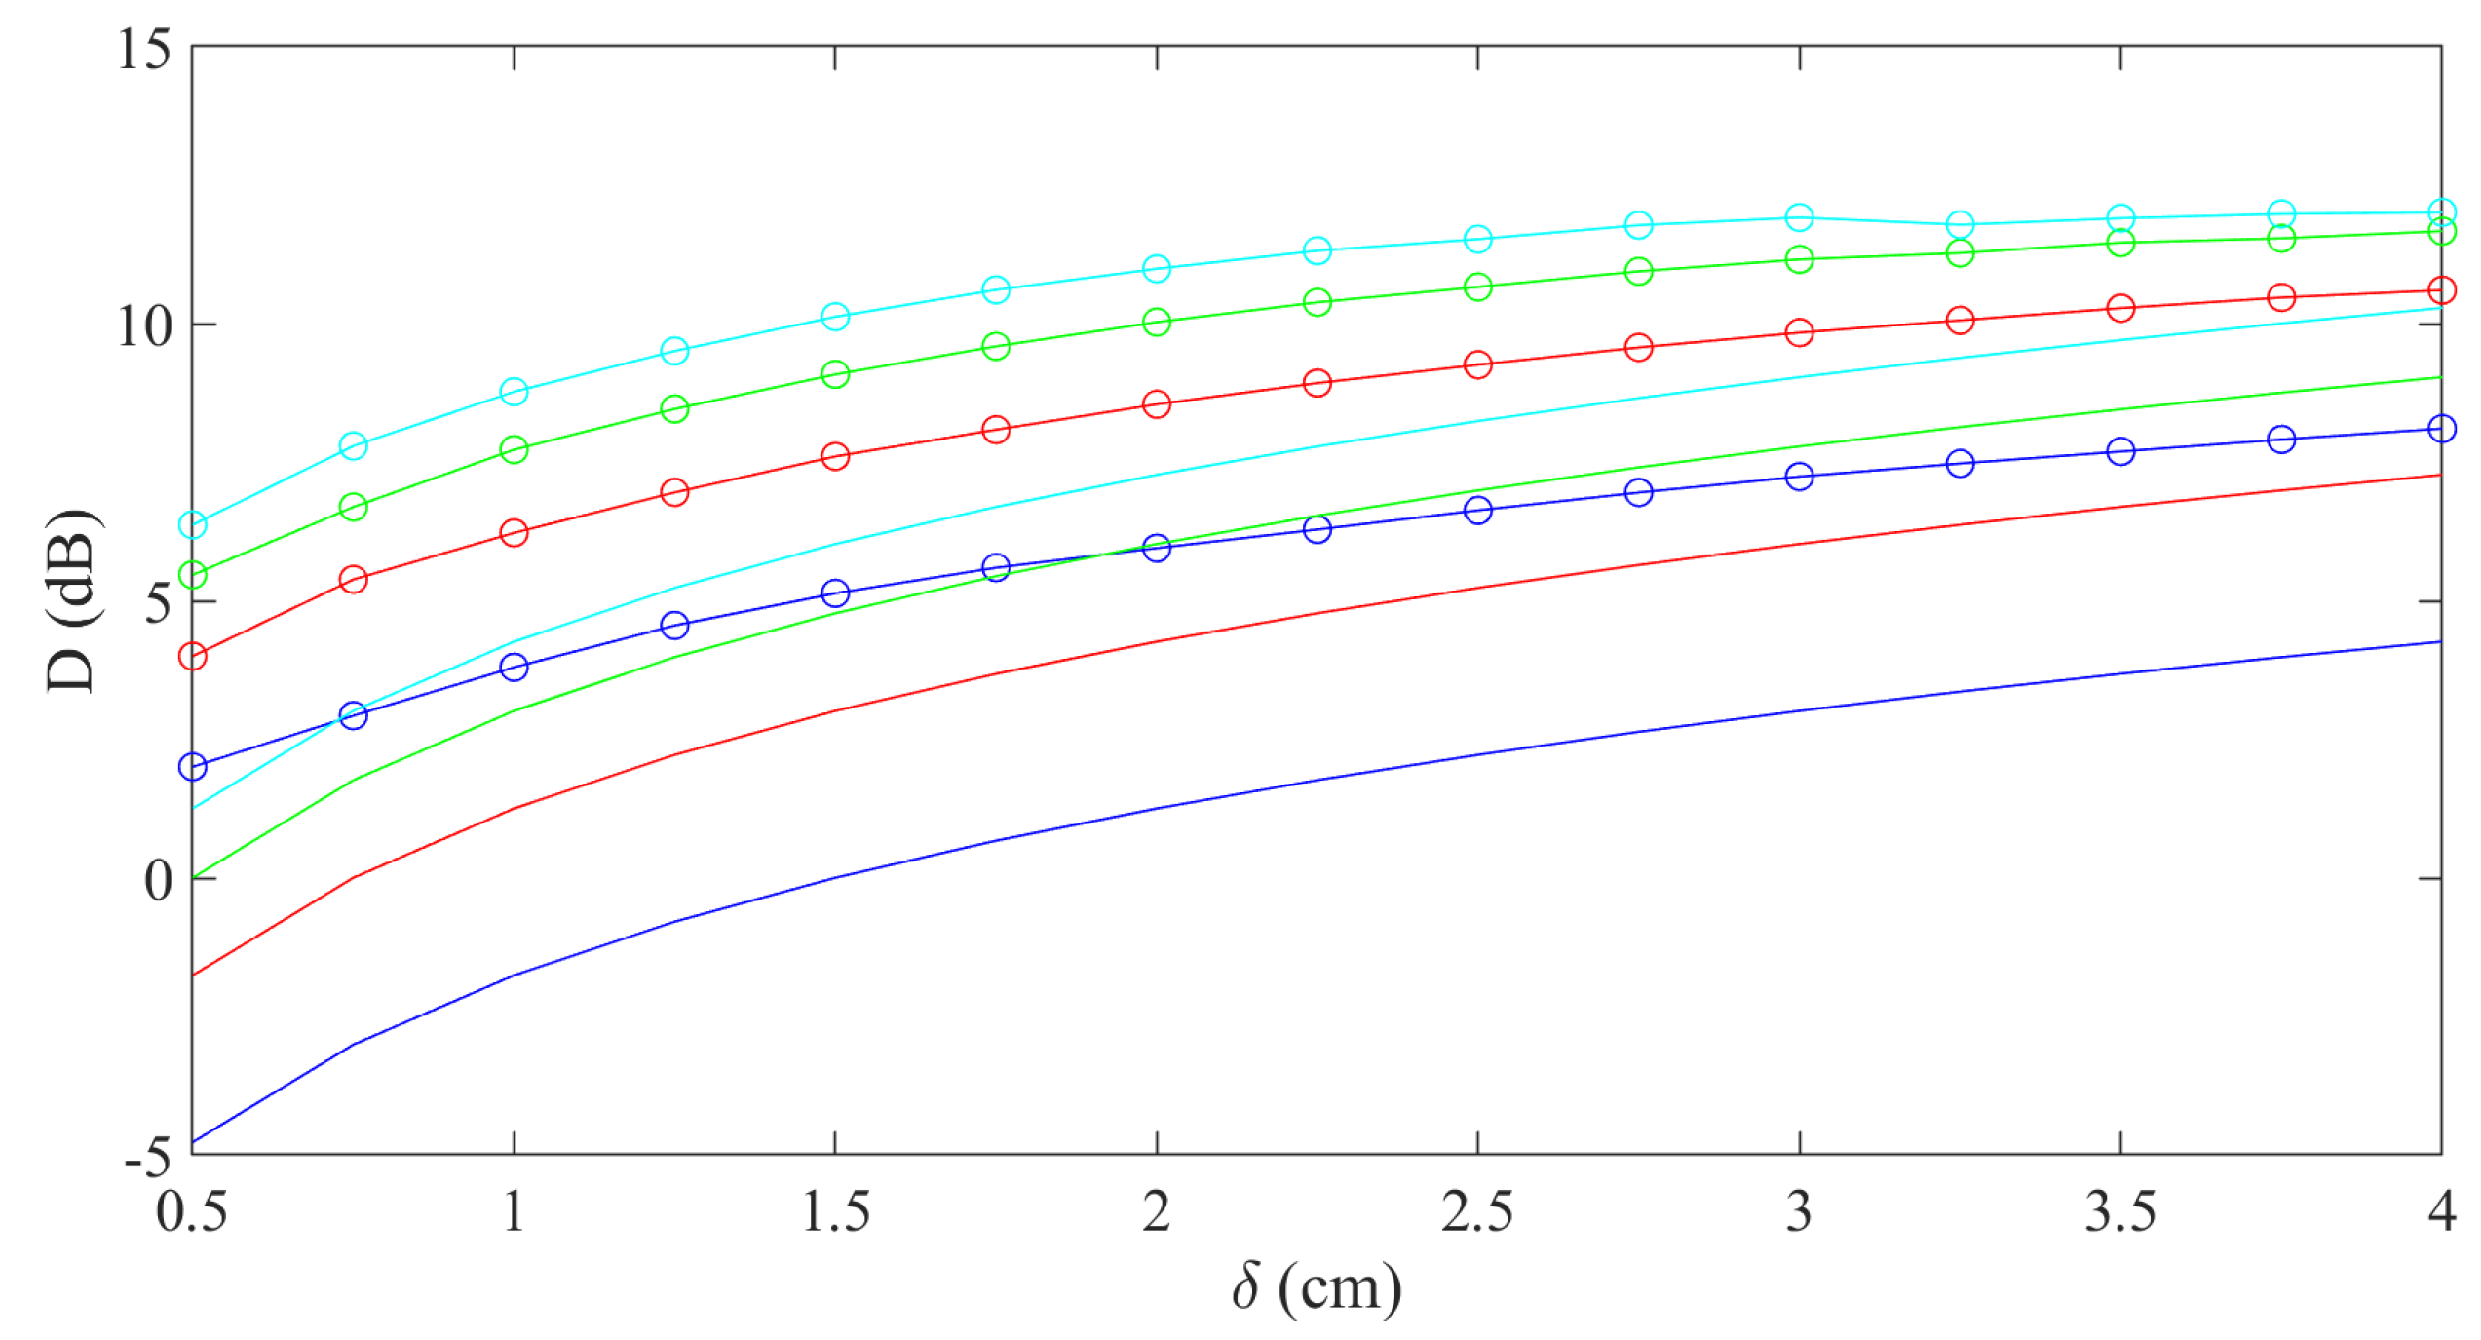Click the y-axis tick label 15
click(x=144, y=49)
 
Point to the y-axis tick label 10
click(x=144, y=326)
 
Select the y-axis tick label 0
click(x=158, y=880)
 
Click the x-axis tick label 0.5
click(x=192, y=1213)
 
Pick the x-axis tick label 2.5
click(x=1477, y=1213)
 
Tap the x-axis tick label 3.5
click(x=2120, y=1213)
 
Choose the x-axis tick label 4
click(x=2440, y=1213)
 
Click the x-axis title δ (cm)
click(x=1317, y=1288)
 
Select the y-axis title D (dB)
click(x=73, y=600)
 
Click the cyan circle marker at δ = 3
click(x=1799, y=217)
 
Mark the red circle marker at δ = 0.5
click(x=193, y=656)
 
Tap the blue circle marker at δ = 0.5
click(x=193, y=767)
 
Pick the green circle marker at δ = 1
click(x=514, y=449)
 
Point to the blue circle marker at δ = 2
click(x=1157, y=548)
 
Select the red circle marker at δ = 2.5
click(x=1477, y=365)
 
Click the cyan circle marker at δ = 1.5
click(x=835, y=317)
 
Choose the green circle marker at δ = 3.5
click(x=2120, y=243)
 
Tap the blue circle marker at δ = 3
click(x=1799, y=477)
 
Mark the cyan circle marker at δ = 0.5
click(x=193, y=525)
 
